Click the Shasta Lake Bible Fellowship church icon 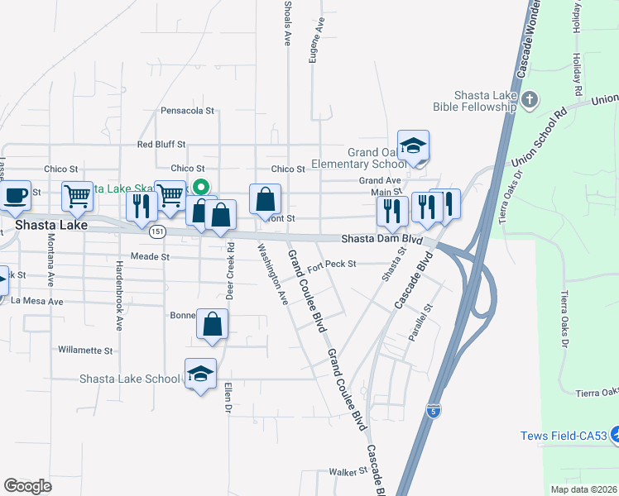click(530, 100)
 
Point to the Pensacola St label click(187, 110)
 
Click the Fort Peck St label click(331, 265)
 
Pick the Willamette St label click(85, 351)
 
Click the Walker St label click(348, 471)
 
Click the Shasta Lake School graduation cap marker click(199, 375)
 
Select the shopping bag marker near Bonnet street click(213, 324)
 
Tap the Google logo click(27, 486)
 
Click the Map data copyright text click(583, 489)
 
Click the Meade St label click(150, 257)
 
